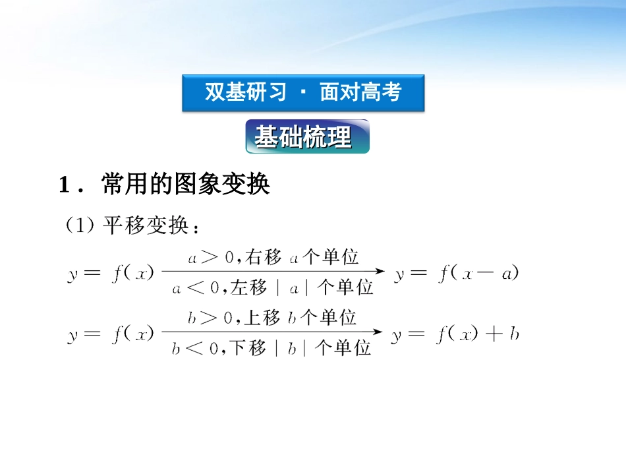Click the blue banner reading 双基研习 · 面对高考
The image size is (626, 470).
pyautogui.click(x=303, y=93)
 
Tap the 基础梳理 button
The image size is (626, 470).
pyautogui.click(x=307, y=136)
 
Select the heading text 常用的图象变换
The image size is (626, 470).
pyautogui.click(x=186, y=185)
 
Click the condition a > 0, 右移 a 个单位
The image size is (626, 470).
pyautogui.click(x=273, y=257)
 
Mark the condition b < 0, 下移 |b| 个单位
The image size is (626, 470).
pyautogui.click(x=271, y=348)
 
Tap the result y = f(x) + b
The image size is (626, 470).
pyautogui.click(x=455, y=335)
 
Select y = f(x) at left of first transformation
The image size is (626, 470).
pyautogui.click(x=111, y=273)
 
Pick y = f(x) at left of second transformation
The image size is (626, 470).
pyautogui.click(x=111, y=335)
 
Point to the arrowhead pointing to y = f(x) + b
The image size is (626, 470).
pyautogui.click(x=380, y=334)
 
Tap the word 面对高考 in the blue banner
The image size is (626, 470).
pyautogui.click(x=360, y=93)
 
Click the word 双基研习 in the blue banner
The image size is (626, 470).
pyautogui.click(x=245, y=93)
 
